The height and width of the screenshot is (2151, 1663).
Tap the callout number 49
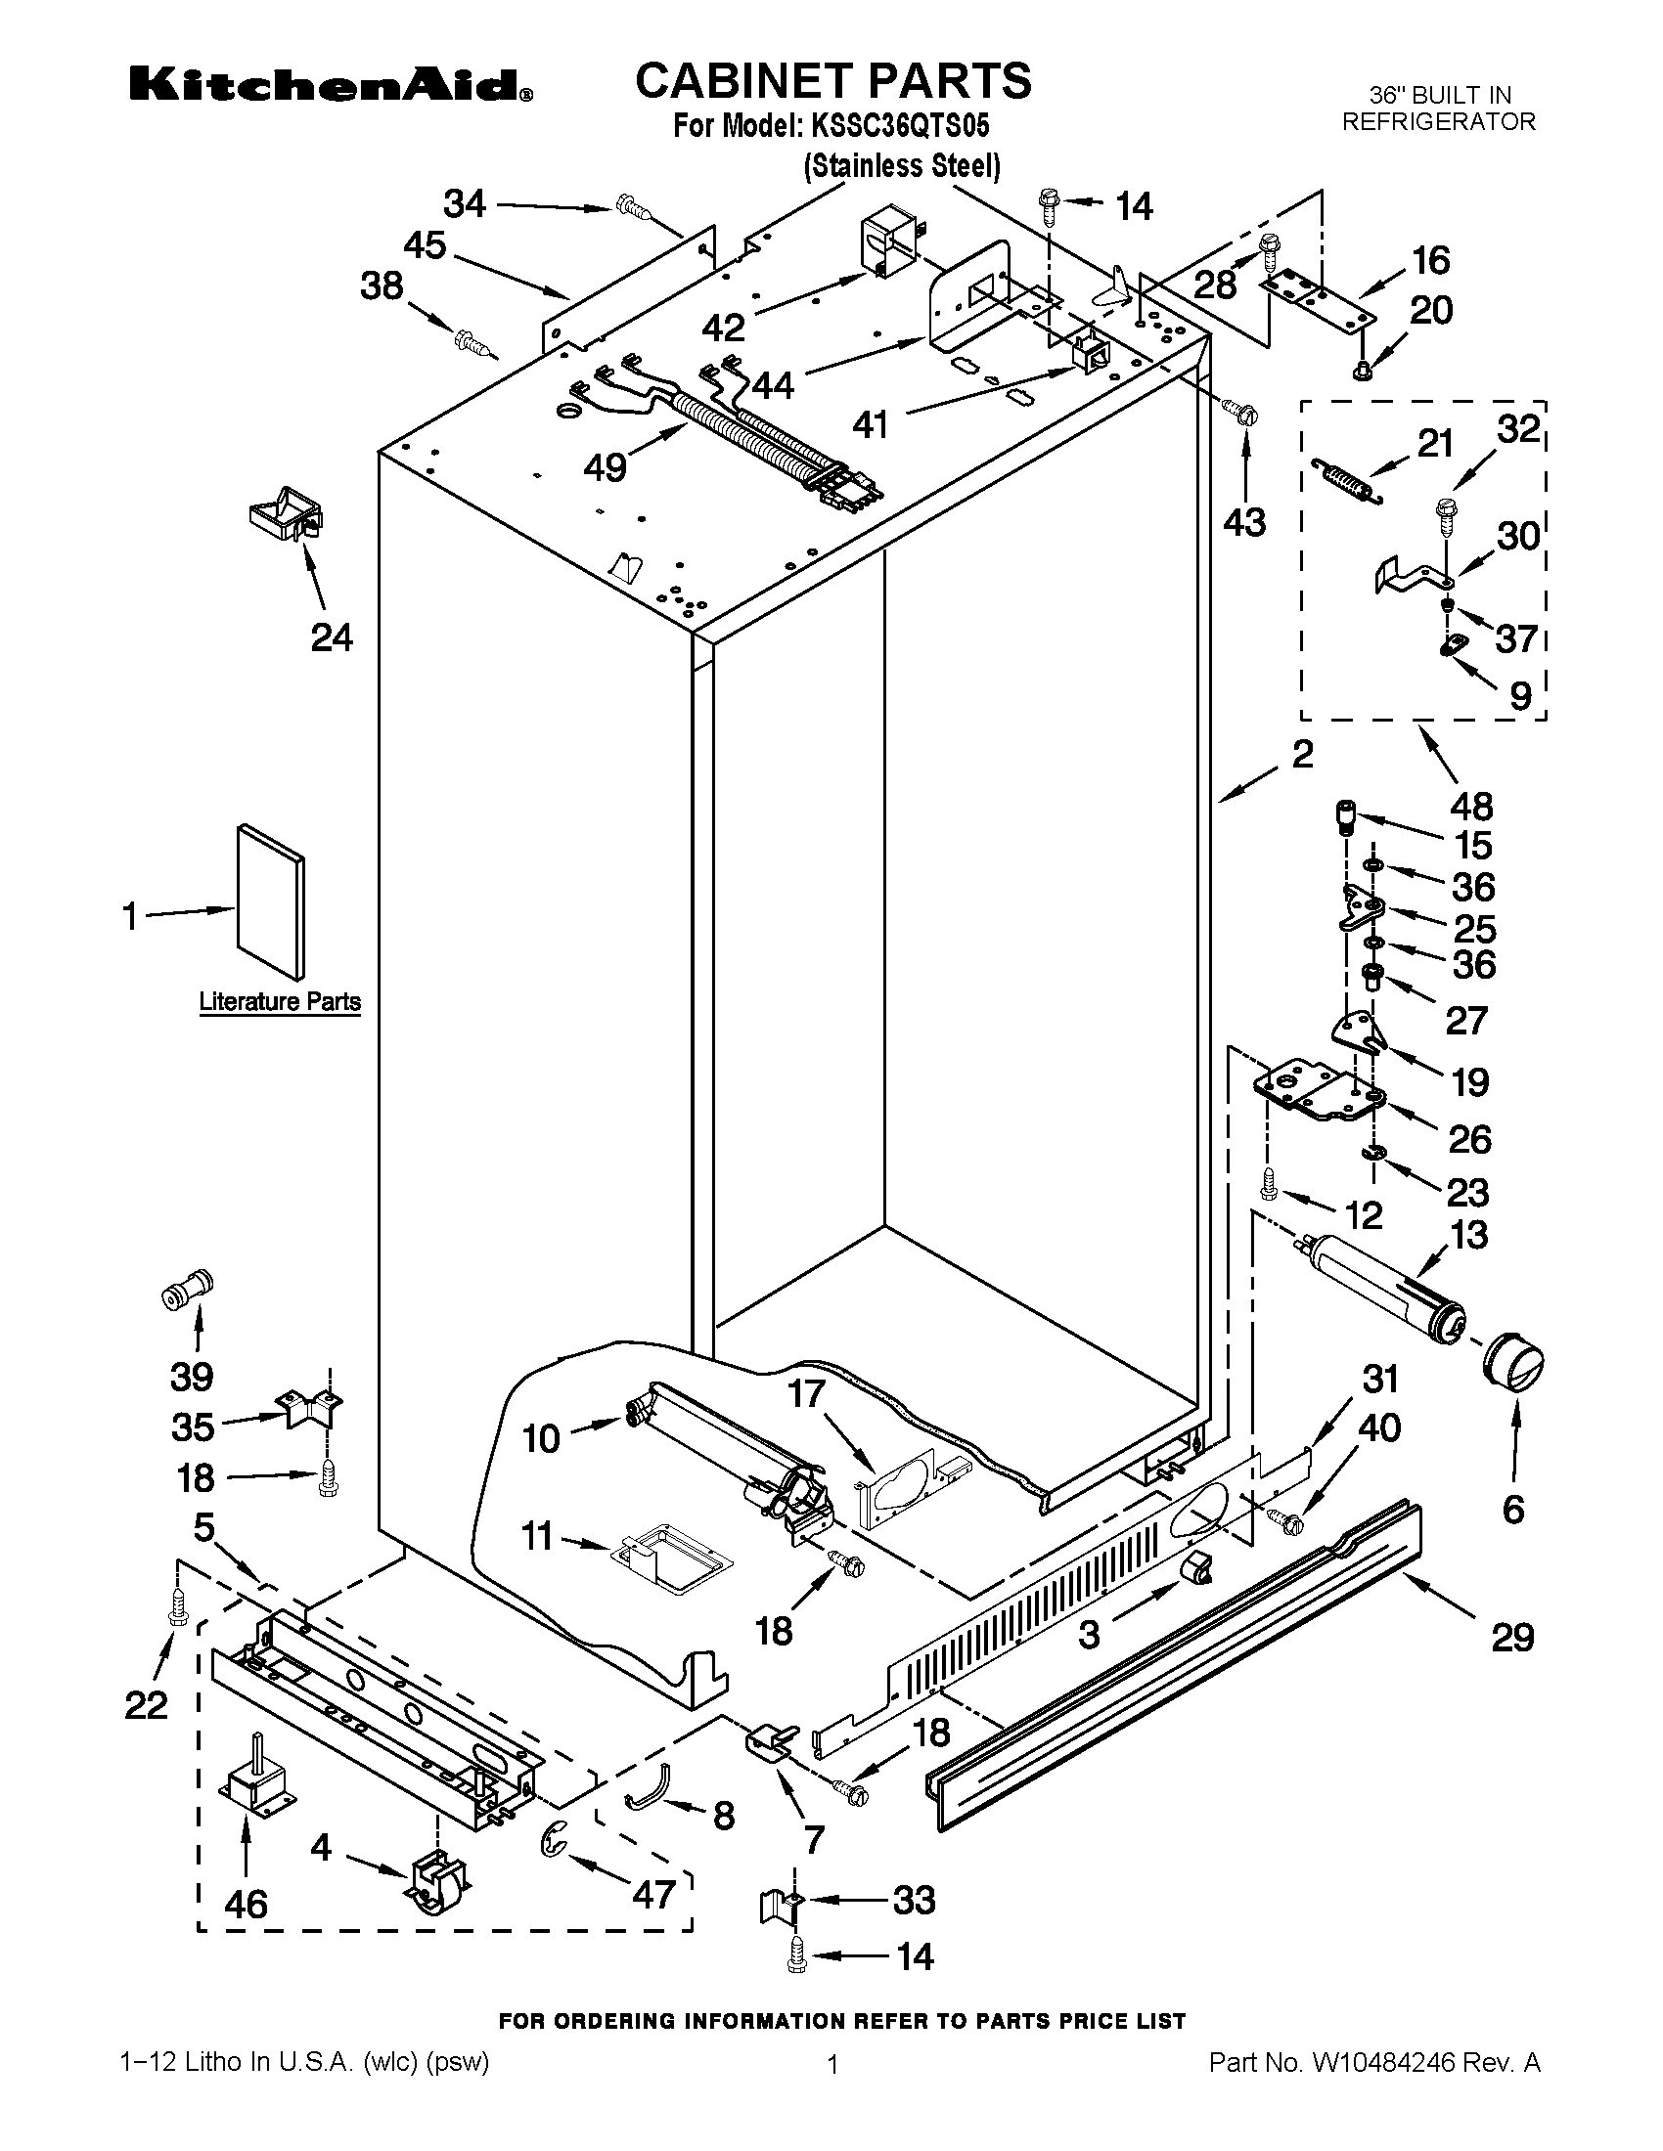(605, 465)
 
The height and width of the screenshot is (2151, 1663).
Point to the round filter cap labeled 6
(1513, 1364)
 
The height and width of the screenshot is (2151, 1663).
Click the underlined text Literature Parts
(280, 1001)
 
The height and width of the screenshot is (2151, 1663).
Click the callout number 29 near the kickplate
(1512, 1638)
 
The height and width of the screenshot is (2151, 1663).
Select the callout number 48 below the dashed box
(1471, 807)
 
